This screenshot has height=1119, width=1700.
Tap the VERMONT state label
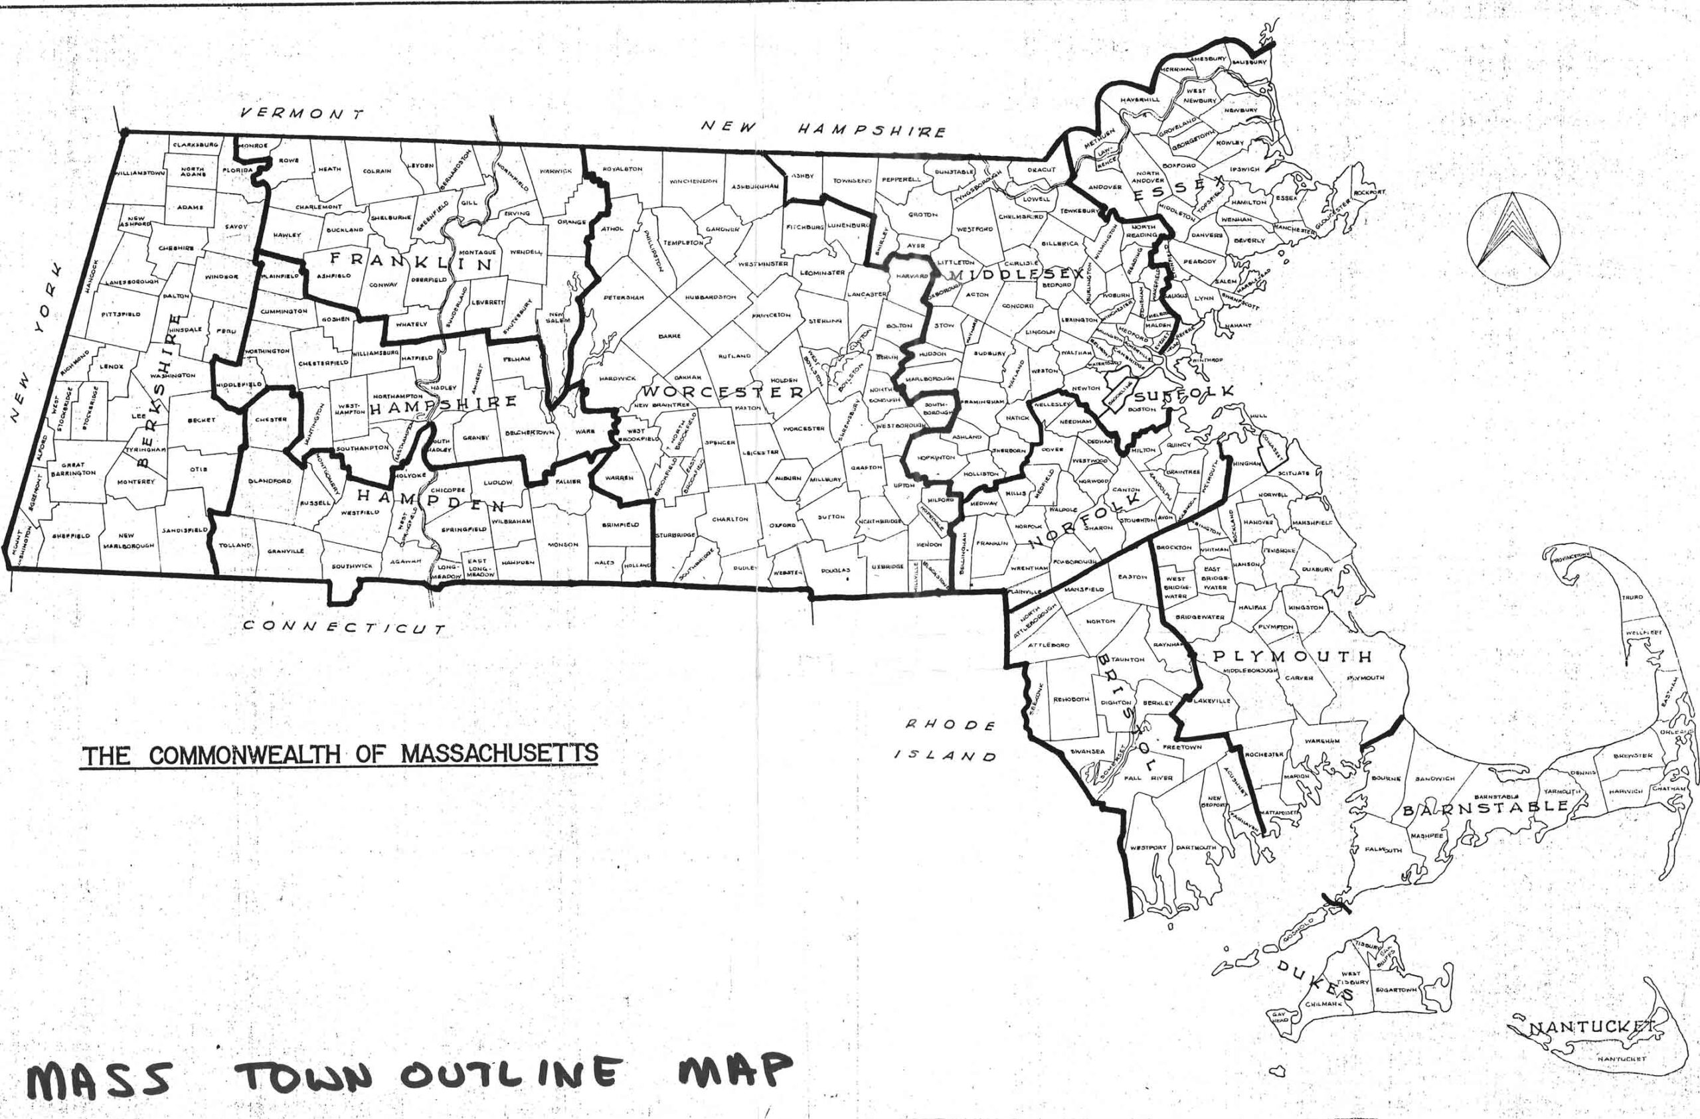pyautogui.click(x=301, y=113)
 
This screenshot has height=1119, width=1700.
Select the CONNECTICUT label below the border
pyautogui.click(x=344, y=628)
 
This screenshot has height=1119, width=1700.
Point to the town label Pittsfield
pyautogui.click(x=121, y=313)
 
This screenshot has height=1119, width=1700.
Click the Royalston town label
pyautogui.click(x=623, y=169)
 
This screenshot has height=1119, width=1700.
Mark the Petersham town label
pyautogui.click(x=623, y=297)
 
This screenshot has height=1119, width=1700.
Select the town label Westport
pyautogui.click(x=1148, y=848)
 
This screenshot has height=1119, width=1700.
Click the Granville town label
pyautogui.click(x=286, y=551)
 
